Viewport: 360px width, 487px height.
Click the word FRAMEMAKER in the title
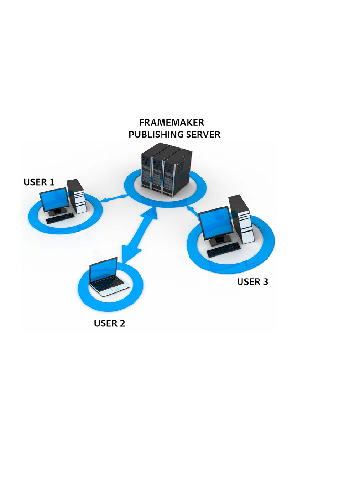point(171,123)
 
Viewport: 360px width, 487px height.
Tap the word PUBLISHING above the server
point(153,135)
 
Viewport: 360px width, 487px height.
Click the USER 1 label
point(39,182)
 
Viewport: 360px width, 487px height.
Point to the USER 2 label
point(109,323)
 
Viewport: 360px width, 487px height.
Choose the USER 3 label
point(252,282)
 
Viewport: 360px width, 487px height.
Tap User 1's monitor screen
point(54,200)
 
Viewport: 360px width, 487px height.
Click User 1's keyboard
point(60,218)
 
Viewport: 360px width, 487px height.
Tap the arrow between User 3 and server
point(192,211)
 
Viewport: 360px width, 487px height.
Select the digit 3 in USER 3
point(265,282)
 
